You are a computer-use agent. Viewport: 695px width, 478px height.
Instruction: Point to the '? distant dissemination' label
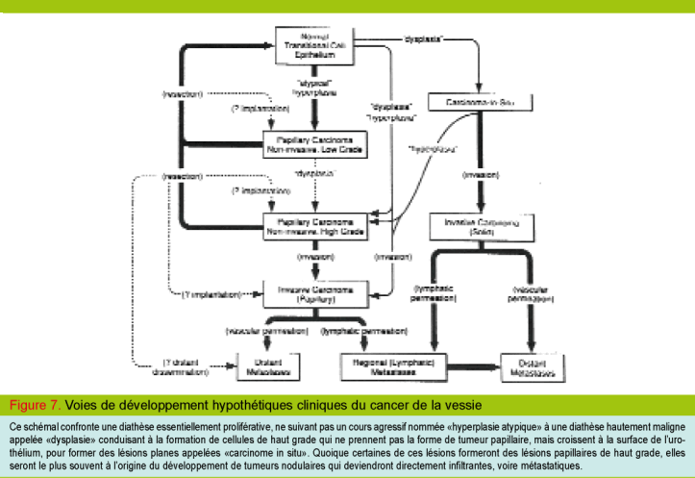click(187, 366)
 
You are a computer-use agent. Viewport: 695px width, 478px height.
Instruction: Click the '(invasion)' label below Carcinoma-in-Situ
click(480, 175)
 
